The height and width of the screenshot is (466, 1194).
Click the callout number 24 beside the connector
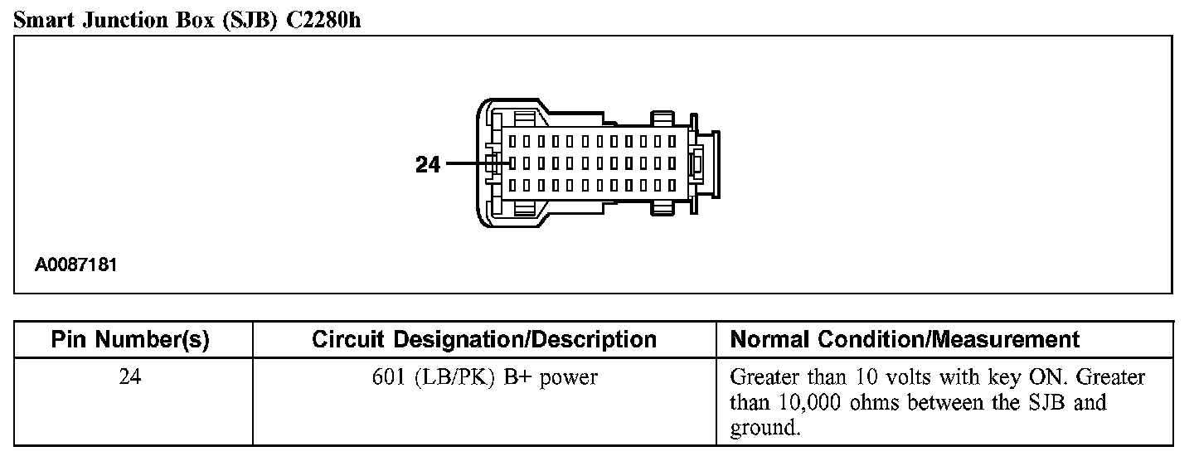[x=428, y=164]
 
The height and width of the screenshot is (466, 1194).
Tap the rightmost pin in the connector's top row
[x=672, y=141]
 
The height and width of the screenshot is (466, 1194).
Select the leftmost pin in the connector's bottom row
[x=514, y=185]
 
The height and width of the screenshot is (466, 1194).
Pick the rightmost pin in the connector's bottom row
[x=672, y=185]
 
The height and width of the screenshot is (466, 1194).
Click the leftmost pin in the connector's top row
[x=514, y=141]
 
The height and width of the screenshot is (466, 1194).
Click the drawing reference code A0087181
[x=75, y=266]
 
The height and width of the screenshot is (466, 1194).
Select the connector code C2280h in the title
[x=323, y=21]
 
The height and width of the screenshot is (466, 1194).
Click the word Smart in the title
[x=46, y=21]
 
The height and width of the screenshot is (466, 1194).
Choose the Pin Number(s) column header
[x=130, y=339]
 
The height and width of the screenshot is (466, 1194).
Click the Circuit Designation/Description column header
[x=484, y=339]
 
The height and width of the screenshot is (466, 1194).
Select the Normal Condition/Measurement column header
[x=905, y=339]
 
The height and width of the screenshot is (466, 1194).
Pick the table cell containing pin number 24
[x=130, y=377]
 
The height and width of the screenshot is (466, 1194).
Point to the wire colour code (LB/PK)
[x=455, y=377]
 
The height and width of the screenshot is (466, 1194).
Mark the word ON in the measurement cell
[x=1047, y=377]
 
